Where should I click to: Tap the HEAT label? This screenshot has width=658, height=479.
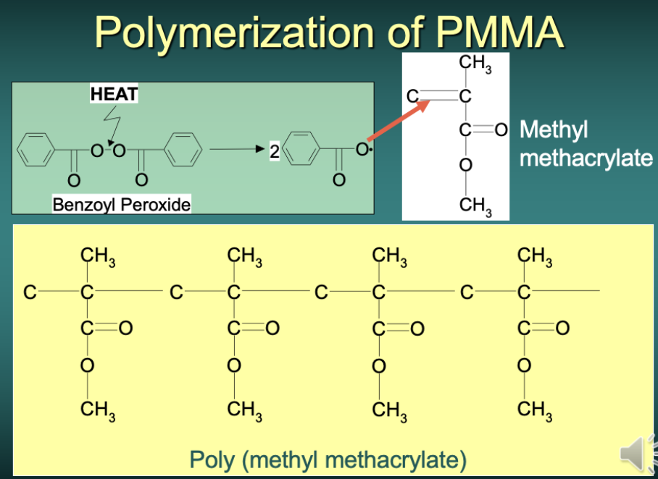[114, 93]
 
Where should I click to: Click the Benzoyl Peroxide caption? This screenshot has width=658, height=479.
[121, 205]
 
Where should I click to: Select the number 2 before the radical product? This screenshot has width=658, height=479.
[274, 151]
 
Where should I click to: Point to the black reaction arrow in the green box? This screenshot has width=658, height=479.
[235, 150]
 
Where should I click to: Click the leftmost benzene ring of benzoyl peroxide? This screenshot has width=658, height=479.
[36, 151]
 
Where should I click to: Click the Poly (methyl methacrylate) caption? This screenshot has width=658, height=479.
[328, 459]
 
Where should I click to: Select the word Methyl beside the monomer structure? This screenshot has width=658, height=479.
[554, 130]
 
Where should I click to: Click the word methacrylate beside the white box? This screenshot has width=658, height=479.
[586, 158]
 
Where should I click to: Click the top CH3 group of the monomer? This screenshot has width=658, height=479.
[474, 65]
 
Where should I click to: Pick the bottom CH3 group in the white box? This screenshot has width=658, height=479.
[474, 205]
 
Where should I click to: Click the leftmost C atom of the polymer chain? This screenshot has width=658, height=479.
[30, 292]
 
